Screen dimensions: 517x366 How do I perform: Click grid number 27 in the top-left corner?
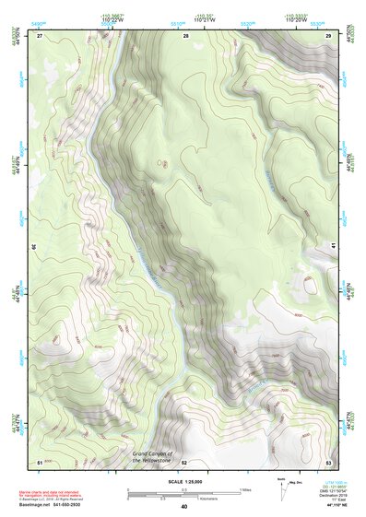tap(40, 35)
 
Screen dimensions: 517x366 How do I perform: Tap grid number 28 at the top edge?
tap(185, 35)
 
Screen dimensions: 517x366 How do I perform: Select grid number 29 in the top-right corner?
tap(328, 35)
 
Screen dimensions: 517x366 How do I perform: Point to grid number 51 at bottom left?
tap(40, 462)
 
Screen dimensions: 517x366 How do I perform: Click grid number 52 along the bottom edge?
tap(184, 462)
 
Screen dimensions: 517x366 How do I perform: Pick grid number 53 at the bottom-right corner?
tap(328, 462)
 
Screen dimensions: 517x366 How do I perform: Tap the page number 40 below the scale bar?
tap(183, 507)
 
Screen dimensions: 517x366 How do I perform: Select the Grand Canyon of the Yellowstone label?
tap(159, 457)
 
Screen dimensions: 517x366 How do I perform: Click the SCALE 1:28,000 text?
tap(183, 481)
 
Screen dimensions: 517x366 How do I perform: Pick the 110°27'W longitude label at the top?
tap(113, 19)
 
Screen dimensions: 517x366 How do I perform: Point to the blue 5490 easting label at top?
tap(38, 21)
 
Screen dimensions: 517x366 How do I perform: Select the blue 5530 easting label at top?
tap(316, 21)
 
